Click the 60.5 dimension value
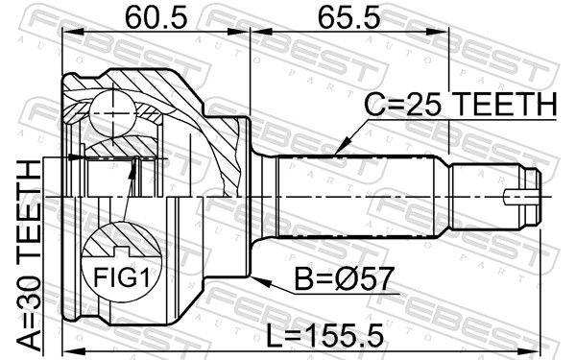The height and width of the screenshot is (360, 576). pyautogui.click(x=153, y=16)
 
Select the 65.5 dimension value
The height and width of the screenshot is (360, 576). pyautogui.click(x=333, y=16)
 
